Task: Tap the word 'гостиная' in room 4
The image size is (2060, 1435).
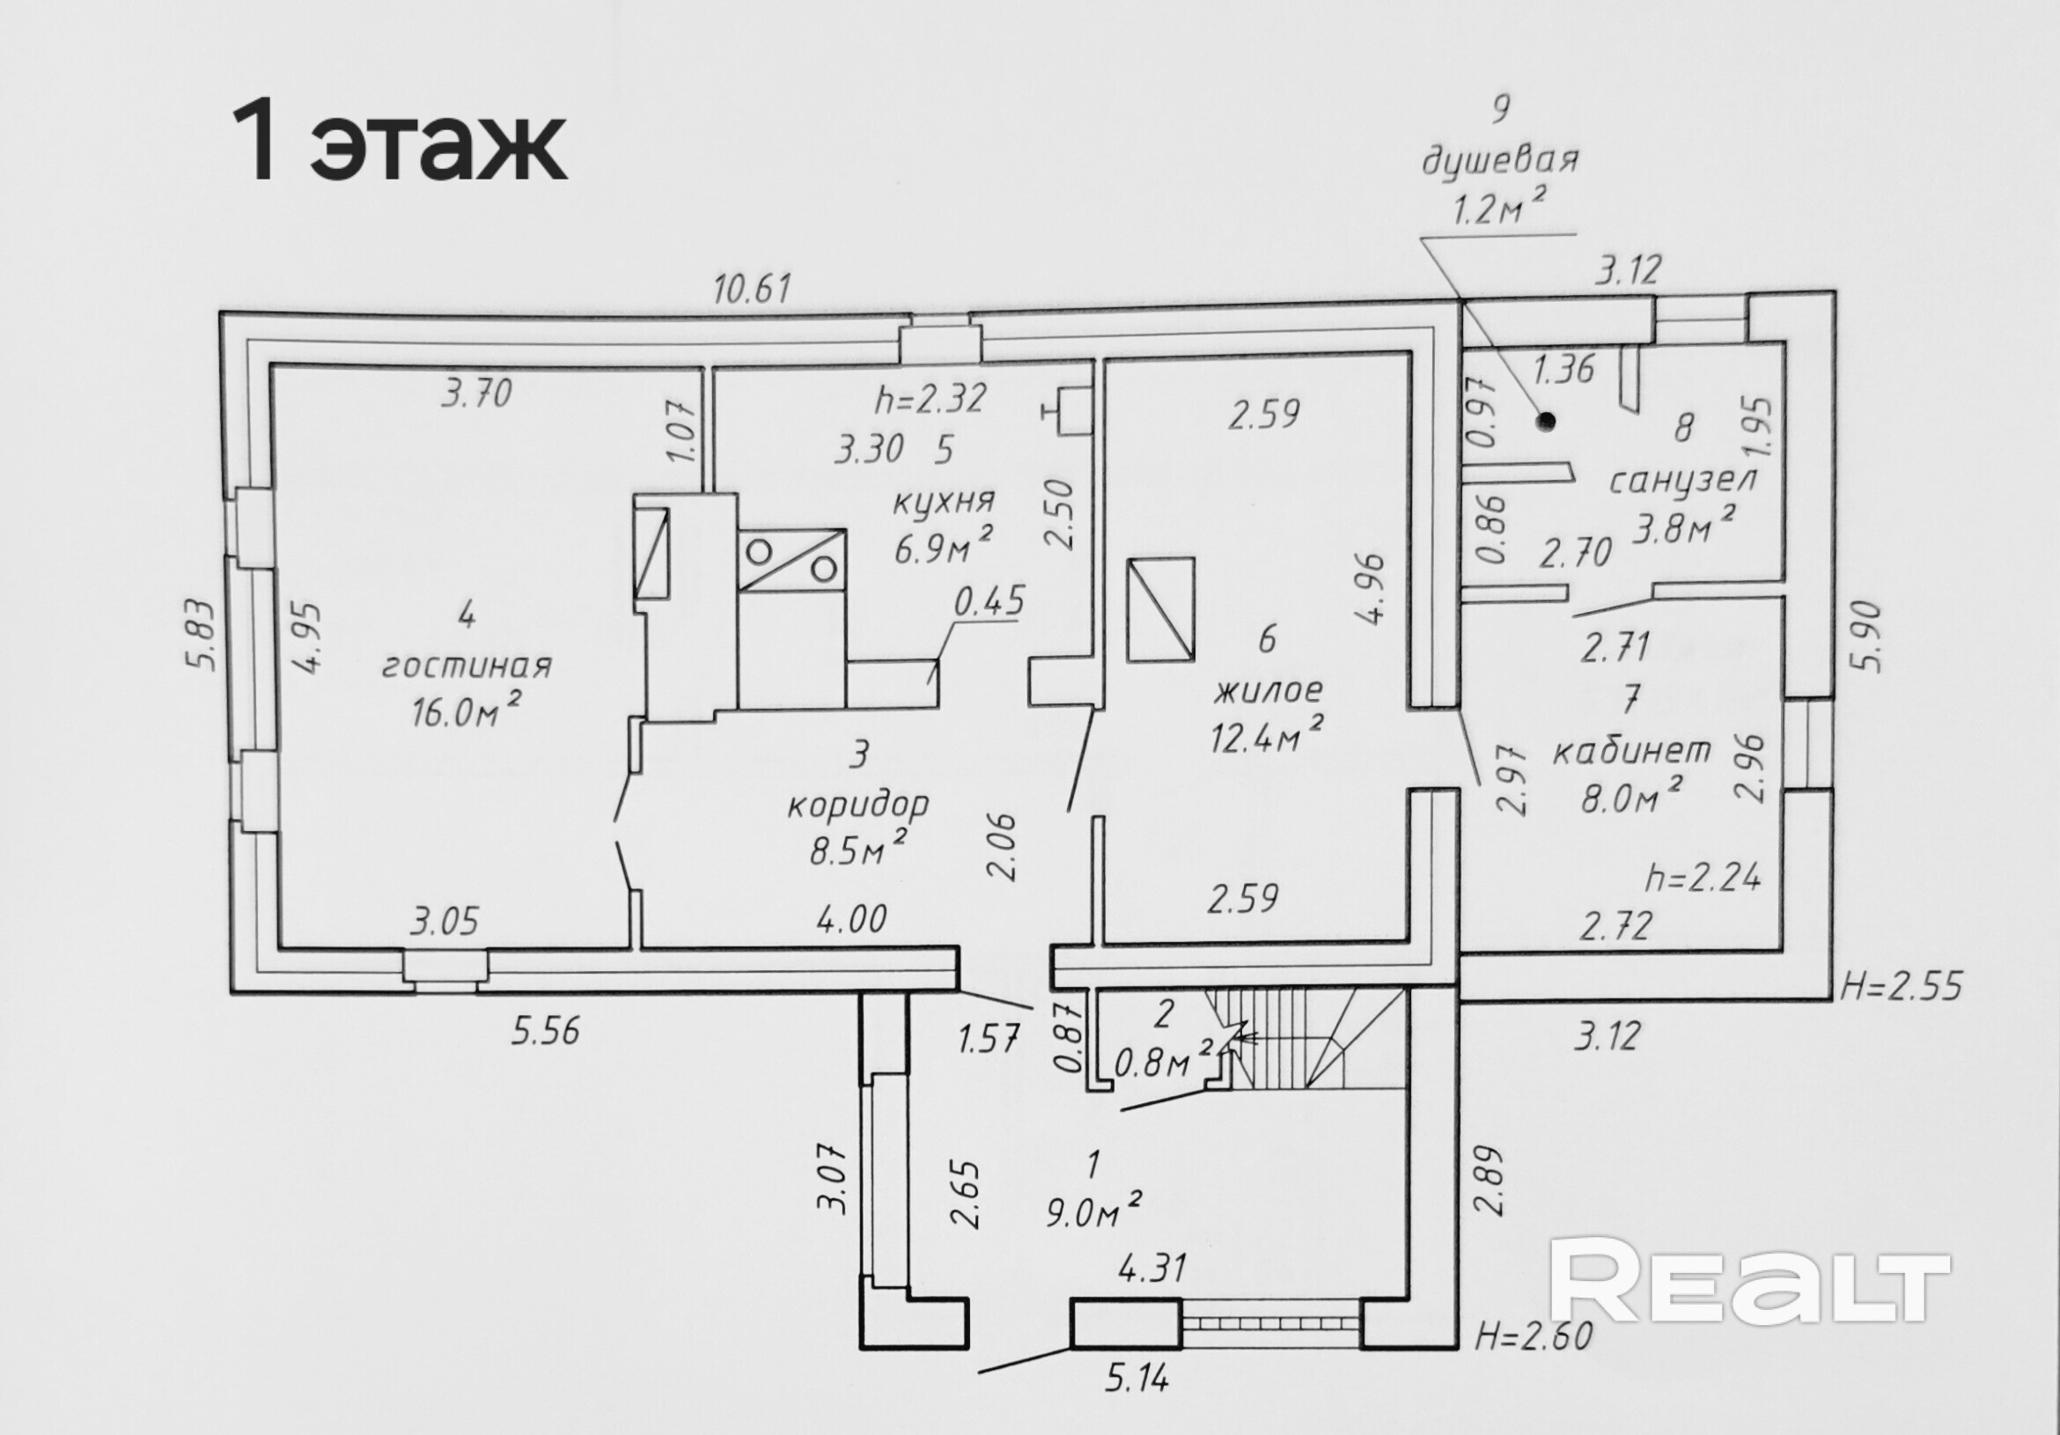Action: (467, 666)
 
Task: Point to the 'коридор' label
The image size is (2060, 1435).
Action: (858, 805)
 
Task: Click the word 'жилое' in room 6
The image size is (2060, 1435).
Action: (1268, 691)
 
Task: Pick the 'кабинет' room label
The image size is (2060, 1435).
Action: (1630, 750)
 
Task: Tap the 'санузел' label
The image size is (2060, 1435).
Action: (1682, 481)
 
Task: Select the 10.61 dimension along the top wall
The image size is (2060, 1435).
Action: (752, 289)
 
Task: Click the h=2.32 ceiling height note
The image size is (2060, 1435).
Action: (931, 398)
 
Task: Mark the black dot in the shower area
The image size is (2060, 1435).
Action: (1545, 418)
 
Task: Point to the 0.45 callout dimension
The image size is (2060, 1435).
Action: (989, 602)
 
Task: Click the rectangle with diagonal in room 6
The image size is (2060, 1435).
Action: (1161, 610)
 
